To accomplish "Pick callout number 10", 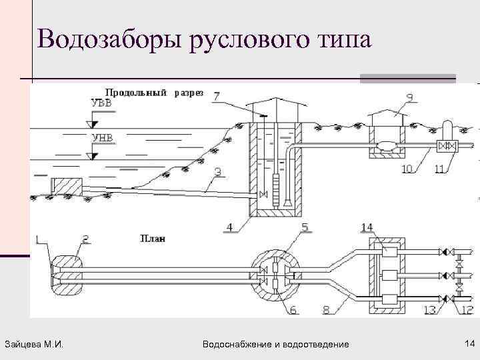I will (408, 169).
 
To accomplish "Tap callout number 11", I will (439, 169).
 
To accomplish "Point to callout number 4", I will (229, 227).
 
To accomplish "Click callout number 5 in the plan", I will (305, 227).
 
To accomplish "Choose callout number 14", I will (367, 227).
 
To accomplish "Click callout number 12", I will (467, 309).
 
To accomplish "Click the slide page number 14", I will (469, 343).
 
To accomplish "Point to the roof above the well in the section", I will (273, 105).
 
